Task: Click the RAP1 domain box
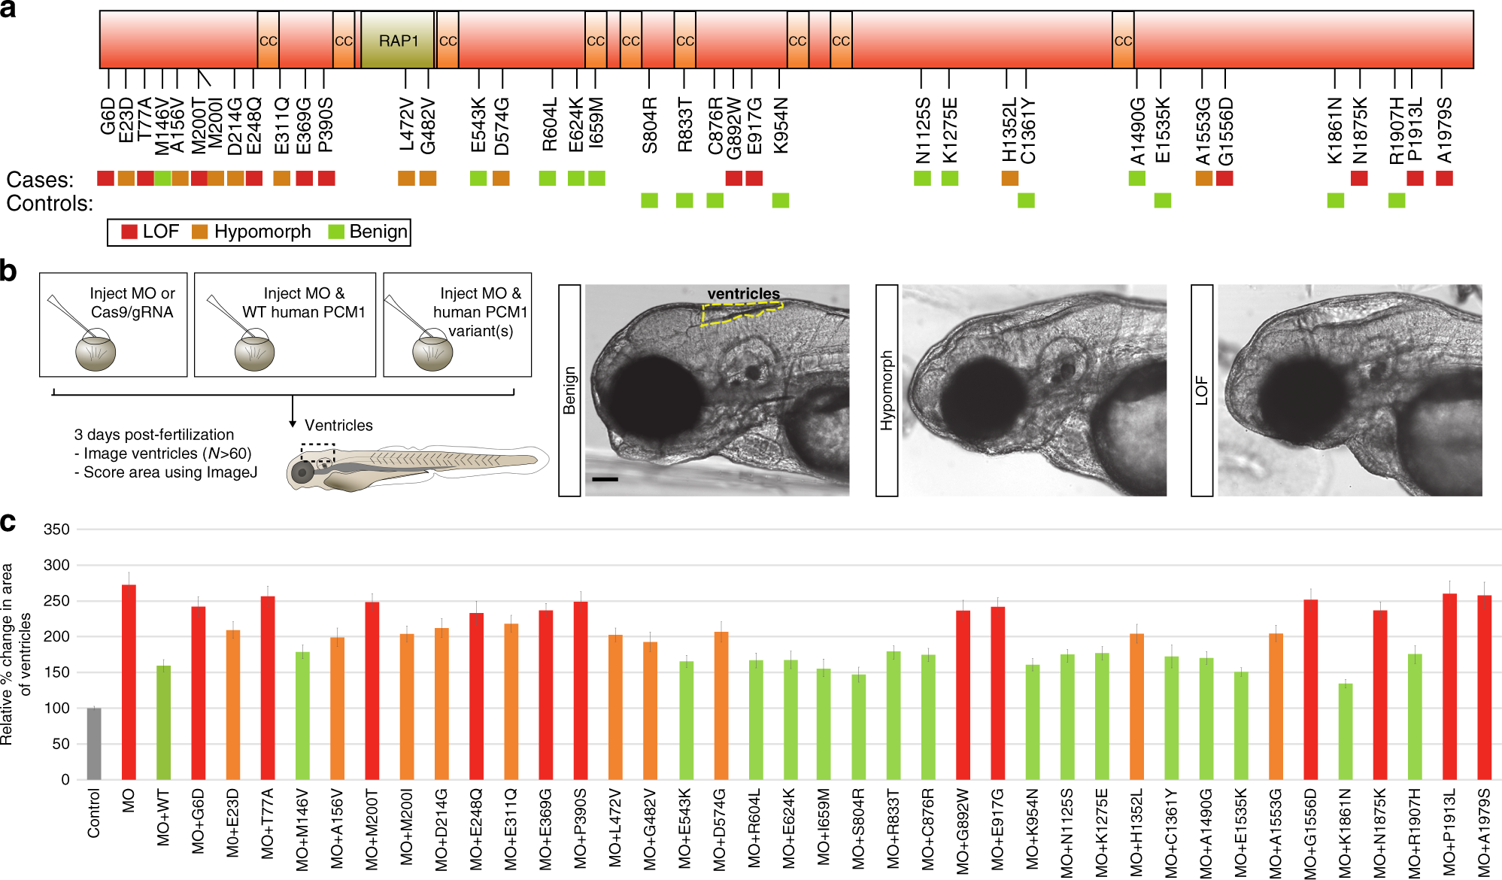click(x=397, y=41)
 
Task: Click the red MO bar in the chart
click(x=129, y=681)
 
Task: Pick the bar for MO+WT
click(x=163, y=722)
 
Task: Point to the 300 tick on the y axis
click(x=56, y=565)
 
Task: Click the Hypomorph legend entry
click(x=261, y=232)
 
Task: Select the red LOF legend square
click(x=129, y=232)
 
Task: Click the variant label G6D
click(x=108, y=116)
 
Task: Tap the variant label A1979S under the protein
click(x=1444, y=129)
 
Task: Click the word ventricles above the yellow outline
click(x=743, y=293)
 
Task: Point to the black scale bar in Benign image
click(x=605, y=478)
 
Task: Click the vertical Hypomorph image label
click(x=887, y=390)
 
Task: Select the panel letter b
click(x=9, y=271)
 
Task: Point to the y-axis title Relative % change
click(x=15, y=654)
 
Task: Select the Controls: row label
click(x=50, y=204)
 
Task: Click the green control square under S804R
click(x=649, y=200)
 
